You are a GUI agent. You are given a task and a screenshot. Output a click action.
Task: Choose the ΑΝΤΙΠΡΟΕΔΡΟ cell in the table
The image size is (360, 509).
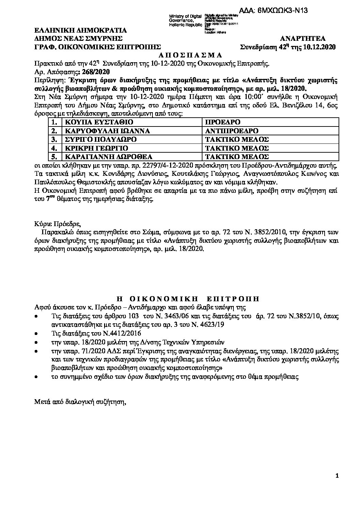232,131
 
